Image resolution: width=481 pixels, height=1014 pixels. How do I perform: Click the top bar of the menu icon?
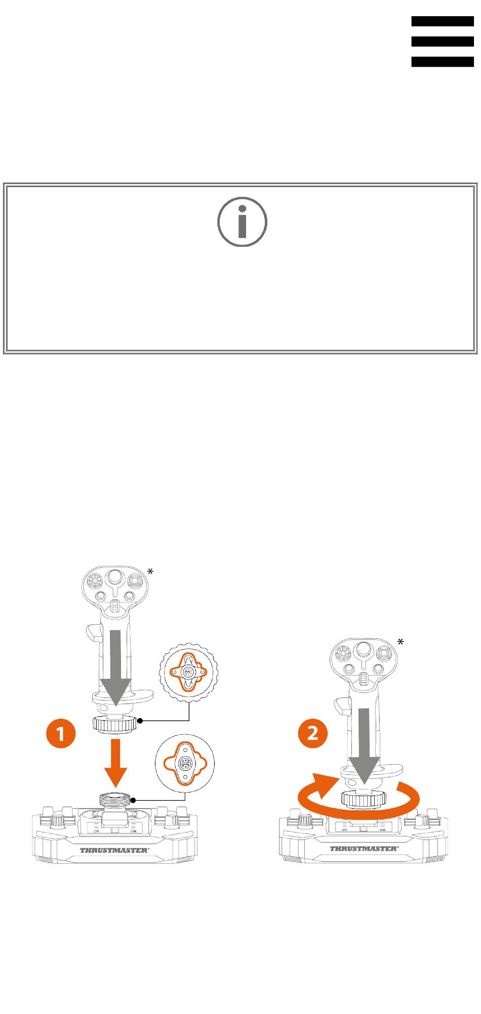pyautogui.click(x=443, y=21)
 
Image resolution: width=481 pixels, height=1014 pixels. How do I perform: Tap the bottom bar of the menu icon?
pyautogui.click(x=443, y=62)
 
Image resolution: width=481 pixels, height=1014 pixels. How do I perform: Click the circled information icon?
pyautogui.click(x=243, y=222)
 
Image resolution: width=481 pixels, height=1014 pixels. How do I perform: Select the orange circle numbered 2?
pyautogui.click(x=313, y=733)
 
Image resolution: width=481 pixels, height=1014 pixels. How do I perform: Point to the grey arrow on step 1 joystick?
pyautogui.click(x=116, y=668)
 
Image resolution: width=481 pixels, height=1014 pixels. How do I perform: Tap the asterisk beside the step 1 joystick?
pyautogui.click(x=150, y=571)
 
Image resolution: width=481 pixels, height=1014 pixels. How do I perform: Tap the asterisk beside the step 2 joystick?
pyautogui.click(x=400, y=642)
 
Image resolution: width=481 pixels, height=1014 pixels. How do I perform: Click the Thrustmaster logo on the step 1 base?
pyautogui.click(x=115, y=850)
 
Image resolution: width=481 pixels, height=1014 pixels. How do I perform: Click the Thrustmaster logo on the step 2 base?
pyautogui.click(x=364, y=848)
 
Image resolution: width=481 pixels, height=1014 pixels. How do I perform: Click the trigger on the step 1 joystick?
pyautogui.click(x=93, y=631)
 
